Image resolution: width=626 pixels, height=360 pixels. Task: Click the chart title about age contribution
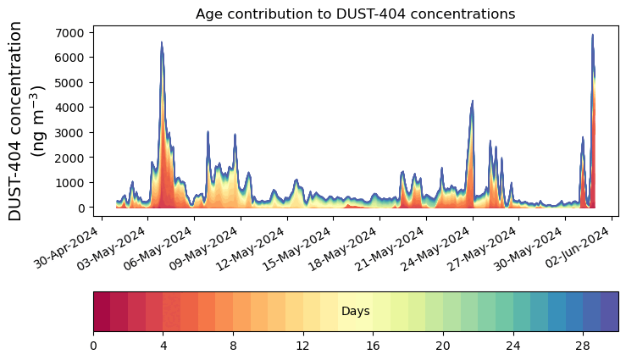click(x=355, y=14)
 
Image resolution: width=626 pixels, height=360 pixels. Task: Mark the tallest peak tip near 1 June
click(x=592, y=36)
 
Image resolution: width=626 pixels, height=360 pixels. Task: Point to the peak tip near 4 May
click(x=161, y=42)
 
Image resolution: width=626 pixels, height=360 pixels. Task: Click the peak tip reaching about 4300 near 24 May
click(x=472, y=101)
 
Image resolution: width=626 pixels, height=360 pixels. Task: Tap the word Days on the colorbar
click(x=355, y=312)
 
